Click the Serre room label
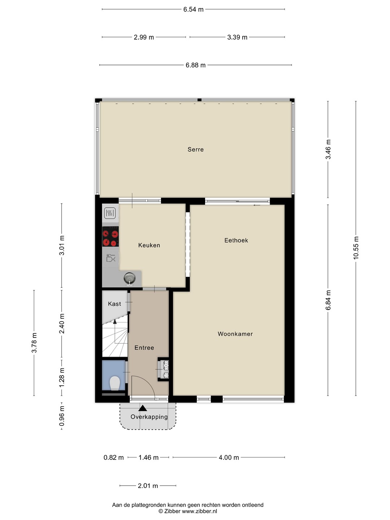[x=196, y=149]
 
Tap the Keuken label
[x=149, y=245]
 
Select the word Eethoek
[x=236, y=240]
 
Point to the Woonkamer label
[x=235, y=334]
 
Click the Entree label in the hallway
[x=144, y=348]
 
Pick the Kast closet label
[x=114, y=304]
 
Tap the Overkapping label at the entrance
[x=149, y=417]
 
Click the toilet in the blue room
[x=114, y=383]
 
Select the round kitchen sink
[x=130, y=278]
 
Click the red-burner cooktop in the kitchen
[x=110, y=237]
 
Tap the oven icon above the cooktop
[x=110, y=213]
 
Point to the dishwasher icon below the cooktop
[x=110, y=258]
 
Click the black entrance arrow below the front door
[x=143, y=408]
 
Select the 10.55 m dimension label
[x=356, y=248]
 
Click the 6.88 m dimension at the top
[x=196, y=65]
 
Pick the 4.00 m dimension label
[x=229, y=458]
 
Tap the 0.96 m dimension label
[x=62, y=416]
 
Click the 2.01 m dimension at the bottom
[x=148, y=486]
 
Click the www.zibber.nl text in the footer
[x=199, y=511]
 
